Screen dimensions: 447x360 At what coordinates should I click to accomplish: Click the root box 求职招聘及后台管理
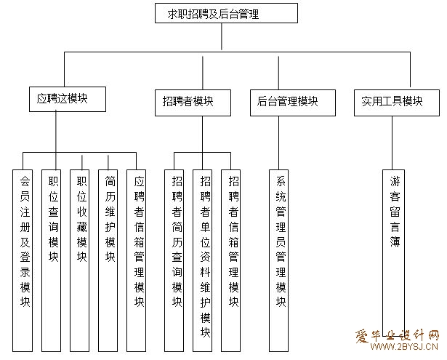[226, 13]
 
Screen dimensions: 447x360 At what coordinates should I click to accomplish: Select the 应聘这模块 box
[68, 99]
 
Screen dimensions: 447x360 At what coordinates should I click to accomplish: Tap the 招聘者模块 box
[193, 103]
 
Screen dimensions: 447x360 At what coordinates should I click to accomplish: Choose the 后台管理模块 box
[293, 103]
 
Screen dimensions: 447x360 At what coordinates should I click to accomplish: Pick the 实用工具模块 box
[397, 103]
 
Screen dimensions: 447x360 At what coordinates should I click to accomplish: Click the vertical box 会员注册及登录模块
[23, 260]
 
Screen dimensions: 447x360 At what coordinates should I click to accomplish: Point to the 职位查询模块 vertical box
[52, 260]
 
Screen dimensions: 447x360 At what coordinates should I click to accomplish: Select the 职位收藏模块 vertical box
[79, 260]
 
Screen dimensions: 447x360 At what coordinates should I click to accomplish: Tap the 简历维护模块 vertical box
[108, 260]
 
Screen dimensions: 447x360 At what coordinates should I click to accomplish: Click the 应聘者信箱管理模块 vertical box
[136, 260]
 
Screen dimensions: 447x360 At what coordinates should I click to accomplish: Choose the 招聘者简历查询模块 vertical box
[174, 260]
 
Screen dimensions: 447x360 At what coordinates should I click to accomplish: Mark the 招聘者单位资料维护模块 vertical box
[202, 260]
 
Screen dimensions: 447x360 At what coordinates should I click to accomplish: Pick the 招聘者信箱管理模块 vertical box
[231, 260]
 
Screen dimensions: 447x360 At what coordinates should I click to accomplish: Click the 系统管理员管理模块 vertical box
[279, 260]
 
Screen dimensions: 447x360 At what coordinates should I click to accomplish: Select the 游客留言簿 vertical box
[393, 253]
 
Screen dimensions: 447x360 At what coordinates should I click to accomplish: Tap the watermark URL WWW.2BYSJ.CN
[404, 346]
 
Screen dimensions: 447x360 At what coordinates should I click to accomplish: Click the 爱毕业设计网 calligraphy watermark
[397, 336]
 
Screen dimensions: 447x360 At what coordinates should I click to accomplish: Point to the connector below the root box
[222, 36]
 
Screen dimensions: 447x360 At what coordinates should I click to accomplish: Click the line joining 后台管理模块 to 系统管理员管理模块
[279, 143]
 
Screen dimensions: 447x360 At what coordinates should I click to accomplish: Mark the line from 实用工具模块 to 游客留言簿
[392, 143]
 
